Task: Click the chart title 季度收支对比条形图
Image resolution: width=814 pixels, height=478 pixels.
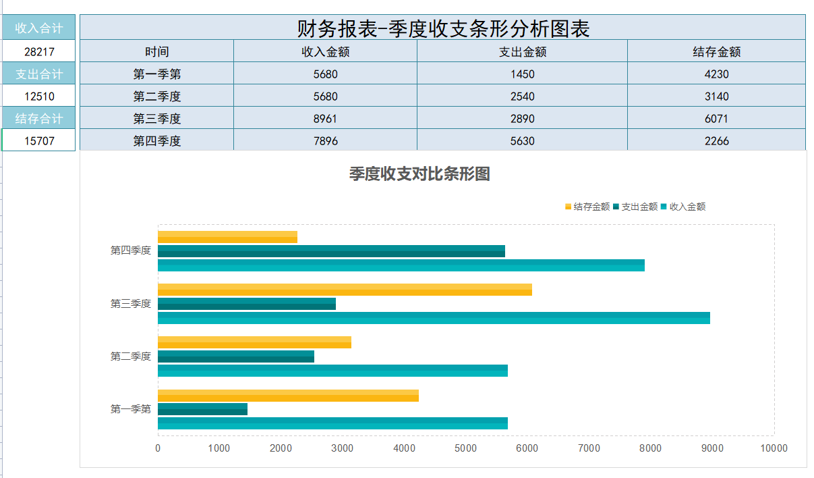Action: pos(419,174)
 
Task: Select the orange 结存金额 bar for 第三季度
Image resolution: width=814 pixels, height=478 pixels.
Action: pos(344,290)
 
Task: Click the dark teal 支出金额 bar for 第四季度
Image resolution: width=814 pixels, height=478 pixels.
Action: pos(330,251)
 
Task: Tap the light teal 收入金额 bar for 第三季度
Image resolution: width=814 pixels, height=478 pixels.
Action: pos(433,318)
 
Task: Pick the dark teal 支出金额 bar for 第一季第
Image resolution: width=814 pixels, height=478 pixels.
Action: pos(202,409)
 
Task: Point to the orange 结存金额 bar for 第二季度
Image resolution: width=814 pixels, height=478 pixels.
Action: pos(254,342)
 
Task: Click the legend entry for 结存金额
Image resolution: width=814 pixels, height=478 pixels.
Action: pos(587,207)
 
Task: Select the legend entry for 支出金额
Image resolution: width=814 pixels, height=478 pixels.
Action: pos(635,207)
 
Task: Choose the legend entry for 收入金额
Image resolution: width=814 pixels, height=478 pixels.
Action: pos(682,207)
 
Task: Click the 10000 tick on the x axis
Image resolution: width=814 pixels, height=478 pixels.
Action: pos(773,448)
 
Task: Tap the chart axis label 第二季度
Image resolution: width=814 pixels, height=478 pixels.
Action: pos(131,356)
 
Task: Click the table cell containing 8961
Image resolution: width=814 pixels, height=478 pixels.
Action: pos(325,119)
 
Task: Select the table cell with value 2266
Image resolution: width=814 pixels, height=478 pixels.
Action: pos(716,141)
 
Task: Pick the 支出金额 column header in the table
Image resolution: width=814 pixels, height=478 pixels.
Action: pos(522,51)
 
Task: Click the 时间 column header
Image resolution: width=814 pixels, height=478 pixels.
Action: pos(156,51)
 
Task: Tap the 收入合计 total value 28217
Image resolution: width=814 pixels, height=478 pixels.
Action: pos(39,51)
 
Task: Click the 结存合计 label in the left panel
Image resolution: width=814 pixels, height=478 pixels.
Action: pos(39,119)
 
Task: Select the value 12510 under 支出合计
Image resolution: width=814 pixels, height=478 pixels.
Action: pos(39,96)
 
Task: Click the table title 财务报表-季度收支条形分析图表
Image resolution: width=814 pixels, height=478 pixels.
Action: pos(442,28)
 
